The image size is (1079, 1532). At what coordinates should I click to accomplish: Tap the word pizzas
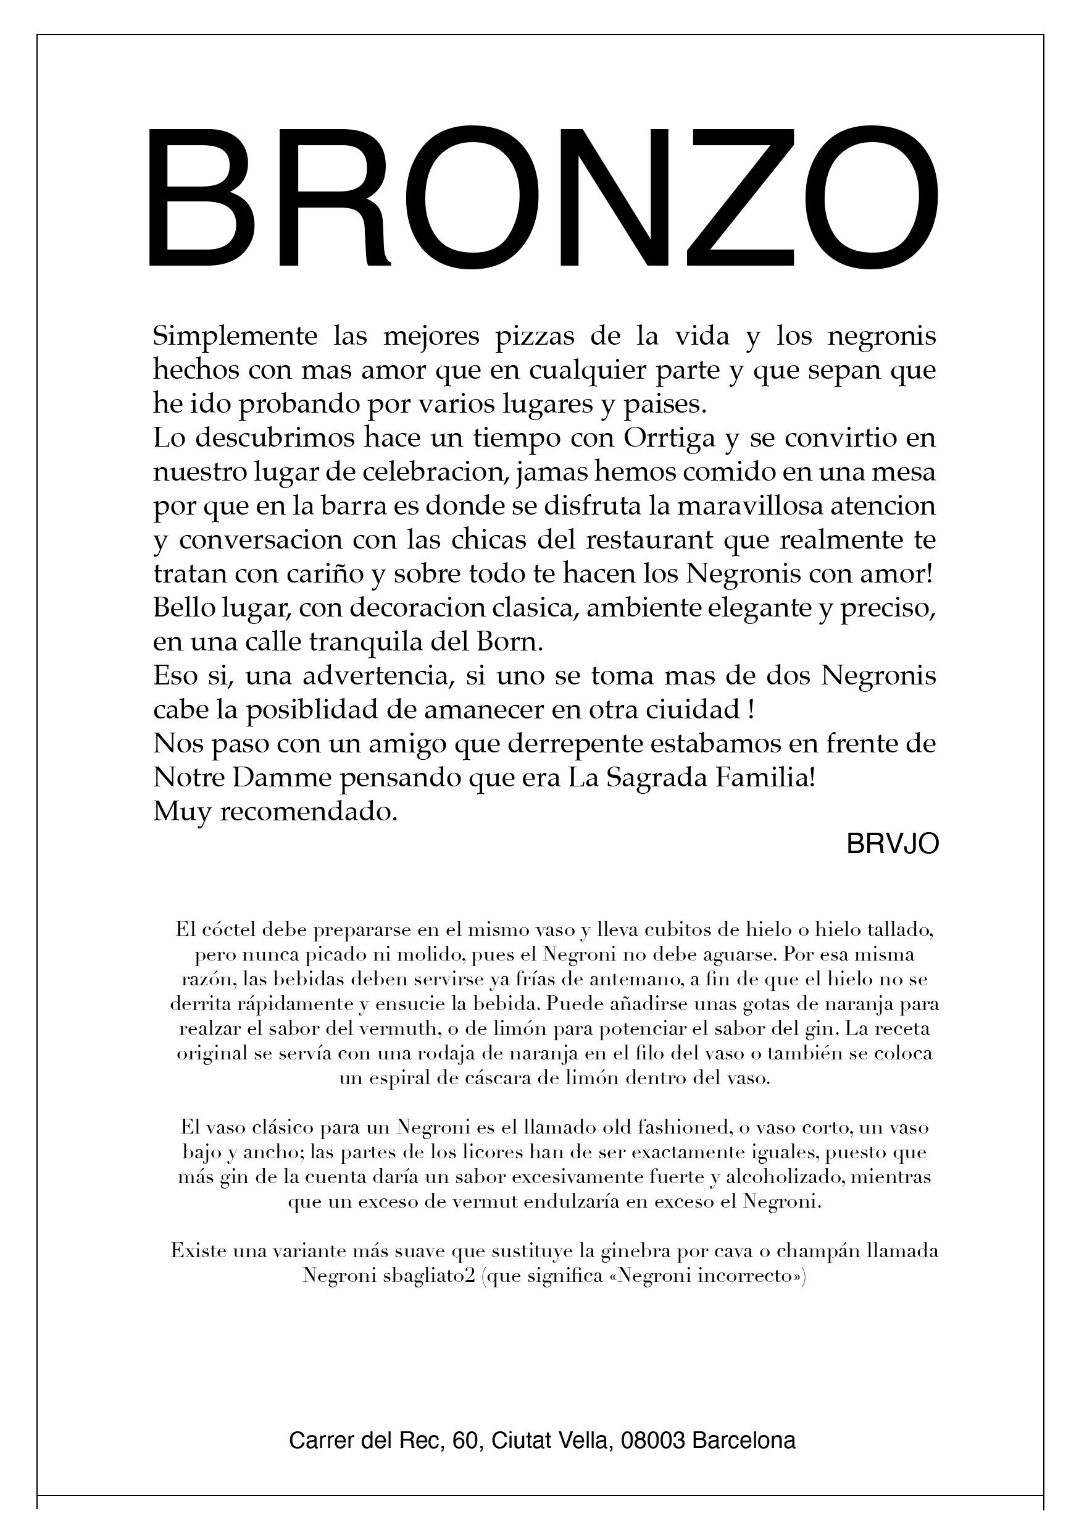(535, 336)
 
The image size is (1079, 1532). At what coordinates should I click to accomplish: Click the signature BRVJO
(893, 844)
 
